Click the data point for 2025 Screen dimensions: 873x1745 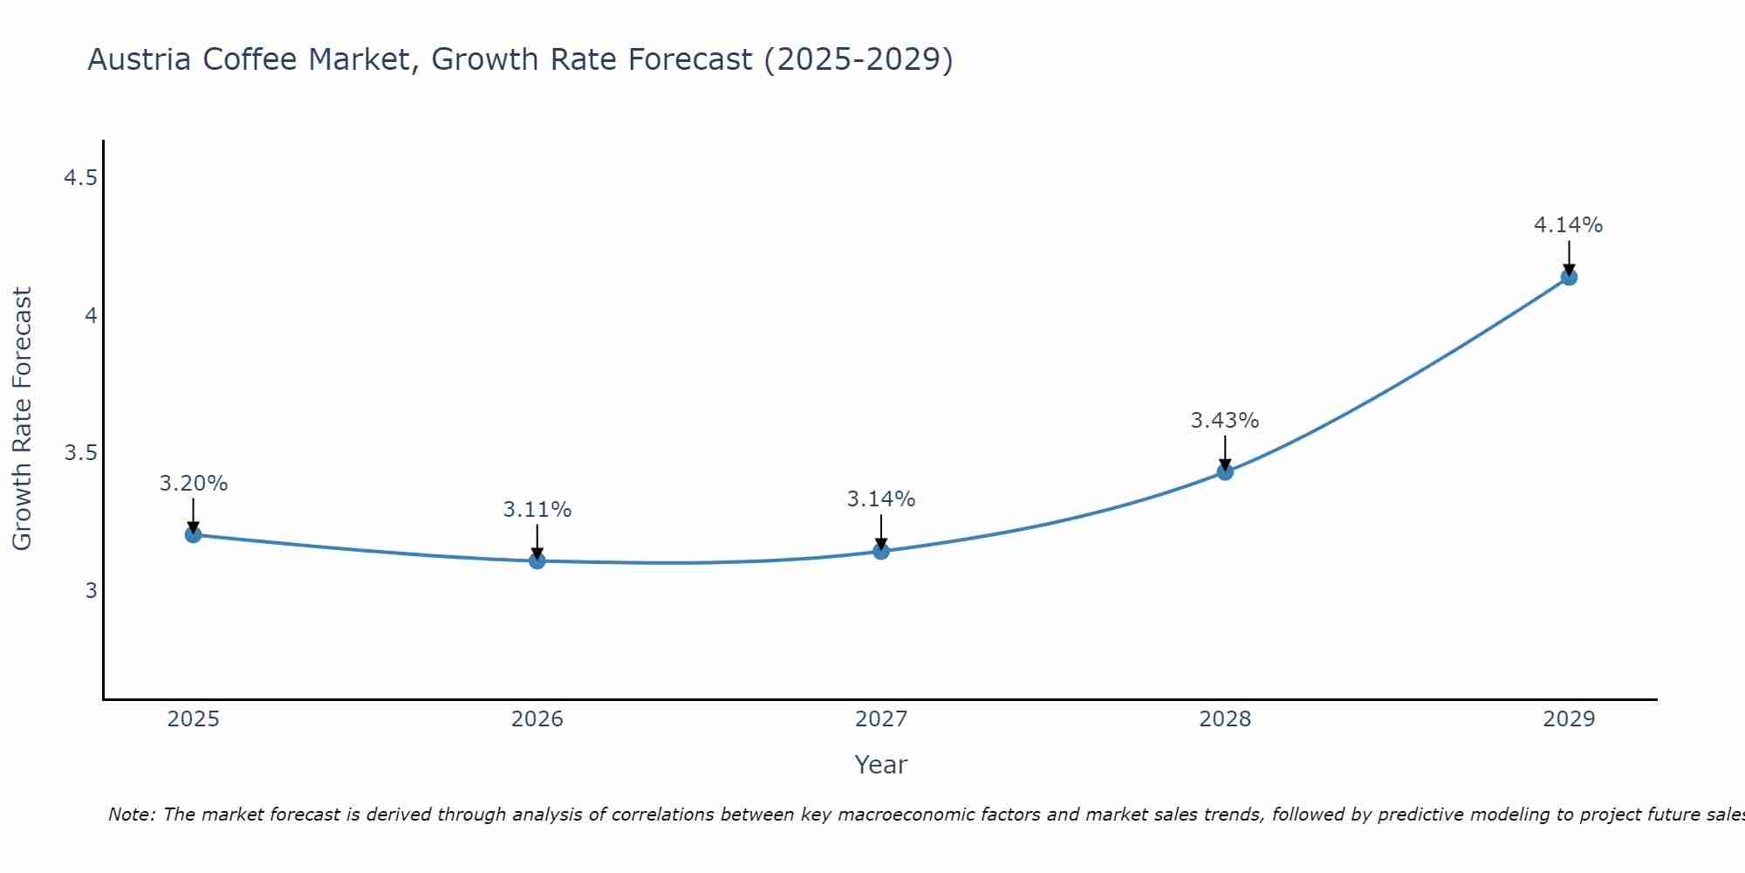(194, 534)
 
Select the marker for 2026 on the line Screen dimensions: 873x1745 (537, 560)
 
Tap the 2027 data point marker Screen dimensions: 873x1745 (881, 551)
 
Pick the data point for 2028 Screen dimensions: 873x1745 (1225, 472)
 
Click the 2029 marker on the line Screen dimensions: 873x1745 (1569, 278)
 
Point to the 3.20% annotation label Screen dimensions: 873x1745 (194, 484)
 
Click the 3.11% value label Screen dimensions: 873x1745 (537, 510)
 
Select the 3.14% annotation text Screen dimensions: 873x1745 (881, 499)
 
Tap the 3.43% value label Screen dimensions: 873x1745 (1225, 421)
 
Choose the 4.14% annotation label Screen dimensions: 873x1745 (1569, 225)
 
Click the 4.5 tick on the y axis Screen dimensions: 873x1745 (80, 179)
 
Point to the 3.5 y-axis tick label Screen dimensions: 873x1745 (80, 453)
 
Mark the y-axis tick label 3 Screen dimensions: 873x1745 (91, 591)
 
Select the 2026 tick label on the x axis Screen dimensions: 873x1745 (537, 719)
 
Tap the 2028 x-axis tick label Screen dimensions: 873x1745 (1225, 719)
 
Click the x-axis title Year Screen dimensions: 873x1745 (881, 765)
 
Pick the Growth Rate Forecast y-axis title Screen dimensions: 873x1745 (22, 419)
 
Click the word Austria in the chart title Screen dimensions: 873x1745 (140, 60)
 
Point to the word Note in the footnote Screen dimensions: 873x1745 (131, 815)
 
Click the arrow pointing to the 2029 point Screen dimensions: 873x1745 (1569, 257)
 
